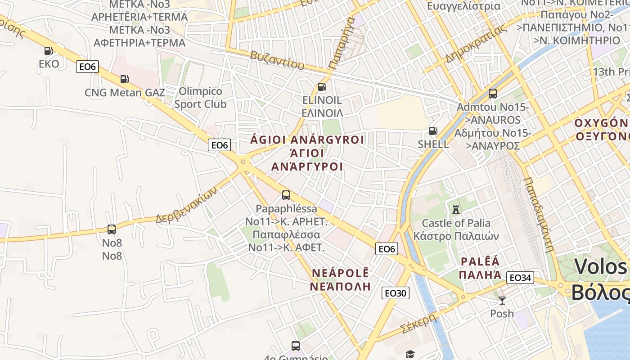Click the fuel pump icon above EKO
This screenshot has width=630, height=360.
pos(48,51)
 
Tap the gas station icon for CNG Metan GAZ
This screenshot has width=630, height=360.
pos(124,80)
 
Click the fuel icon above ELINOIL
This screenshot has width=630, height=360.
pos(322,87)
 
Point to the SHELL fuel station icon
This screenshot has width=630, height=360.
pos(433,131)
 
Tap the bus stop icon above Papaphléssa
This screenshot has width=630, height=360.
pos(286,195)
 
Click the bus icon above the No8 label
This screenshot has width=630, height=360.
pos(112,229)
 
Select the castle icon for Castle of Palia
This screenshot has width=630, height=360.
pos(456,210)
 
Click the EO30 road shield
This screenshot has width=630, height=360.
pos(396,293)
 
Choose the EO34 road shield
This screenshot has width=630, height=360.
pos(520,278)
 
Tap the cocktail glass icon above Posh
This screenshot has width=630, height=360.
pos(502,300)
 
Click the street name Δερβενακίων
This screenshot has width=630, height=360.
pos(186,205)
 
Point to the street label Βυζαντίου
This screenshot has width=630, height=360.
pos(274,60)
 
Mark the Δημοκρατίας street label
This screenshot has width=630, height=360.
pos(476,44)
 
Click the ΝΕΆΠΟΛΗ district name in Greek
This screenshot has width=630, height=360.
pos(341,286)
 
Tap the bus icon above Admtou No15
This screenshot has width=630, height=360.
pos(493,94)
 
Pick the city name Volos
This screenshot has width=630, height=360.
pos(600,267)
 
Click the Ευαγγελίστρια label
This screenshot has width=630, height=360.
pos(463,6)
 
